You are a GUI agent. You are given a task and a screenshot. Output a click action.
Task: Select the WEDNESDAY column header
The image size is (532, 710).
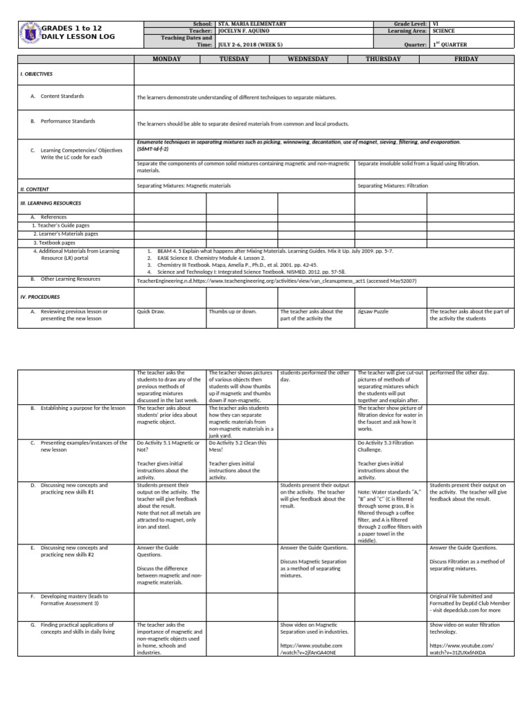point(308,60)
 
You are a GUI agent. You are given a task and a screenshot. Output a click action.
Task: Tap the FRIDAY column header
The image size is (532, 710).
point(466,60)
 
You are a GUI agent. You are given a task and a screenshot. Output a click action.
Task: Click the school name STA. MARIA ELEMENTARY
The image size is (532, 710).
point(251,24)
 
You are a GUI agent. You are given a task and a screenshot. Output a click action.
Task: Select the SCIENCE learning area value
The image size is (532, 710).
point(444,31)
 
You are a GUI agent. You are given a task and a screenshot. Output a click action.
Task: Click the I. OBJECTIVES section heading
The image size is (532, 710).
point(37,73)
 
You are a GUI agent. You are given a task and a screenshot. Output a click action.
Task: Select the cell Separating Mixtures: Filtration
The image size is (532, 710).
point(393,187)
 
